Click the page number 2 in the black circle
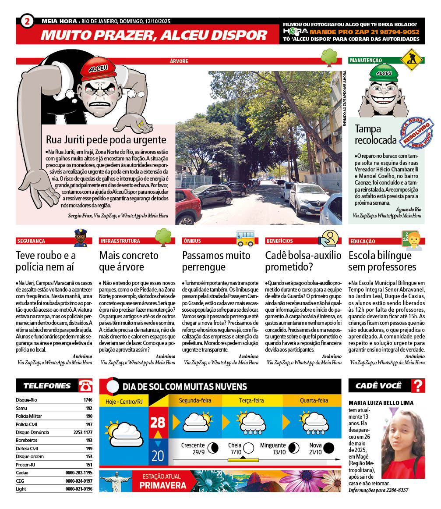(27, 21)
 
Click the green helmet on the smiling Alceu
(384, 73)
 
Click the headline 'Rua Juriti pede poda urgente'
(106, 140)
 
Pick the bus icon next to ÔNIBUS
(245, 237)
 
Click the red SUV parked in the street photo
(187, 206)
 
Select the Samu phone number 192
(89, 408)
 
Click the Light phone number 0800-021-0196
(79, 489)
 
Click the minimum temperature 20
(157, 456)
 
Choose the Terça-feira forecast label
(251, 400)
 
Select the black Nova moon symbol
(328, 448)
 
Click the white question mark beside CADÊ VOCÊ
(418, 386)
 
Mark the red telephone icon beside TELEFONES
(85, 386)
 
